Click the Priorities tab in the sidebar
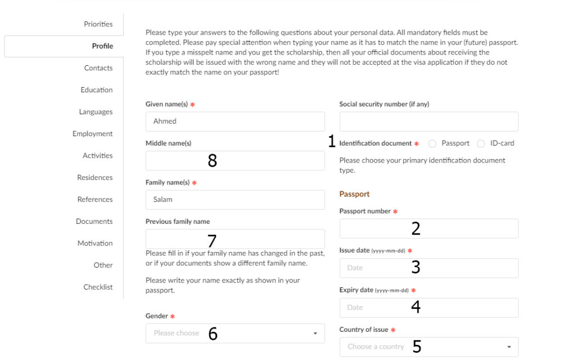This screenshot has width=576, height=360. [98, 24]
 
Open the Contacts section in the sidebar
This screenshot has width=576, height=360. [98, 68]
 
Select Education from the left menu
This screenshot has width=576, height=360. [96, 90]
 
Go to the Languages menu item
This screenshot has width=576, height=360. [96, 112]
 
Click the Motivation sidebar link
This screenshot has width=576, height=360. [95, 244]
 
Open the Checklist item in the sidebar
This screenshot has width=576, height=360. [98, 287]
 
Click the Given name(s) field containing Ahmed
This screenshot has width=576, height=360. [235, 121]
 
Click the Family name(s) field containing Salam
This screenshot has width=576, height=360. [235, 200]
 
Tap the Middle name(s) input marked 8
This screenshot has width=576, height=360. [235, 161]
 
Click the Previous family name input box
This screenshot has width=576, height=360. [235, 238]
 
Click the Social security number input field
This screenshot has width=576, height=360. [429, 121]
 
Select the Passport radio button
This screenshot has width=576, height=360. [432, 144]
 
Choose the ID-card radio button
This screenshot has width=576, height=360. [480, 144]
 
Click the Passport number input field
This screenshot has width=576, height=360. [429, 228]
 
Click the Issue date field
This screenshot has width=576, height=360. [429, 268]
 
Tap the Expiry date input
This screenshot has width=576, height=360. [429, 308]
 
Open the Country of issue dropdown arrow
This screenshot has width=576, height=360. [508, 347]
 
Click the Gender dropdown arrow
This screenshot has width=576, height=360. [315, 334]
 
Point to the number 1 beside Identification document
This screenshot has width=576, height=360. [331, 142]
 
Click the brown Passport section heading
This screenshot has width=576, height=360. [354, 194]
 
